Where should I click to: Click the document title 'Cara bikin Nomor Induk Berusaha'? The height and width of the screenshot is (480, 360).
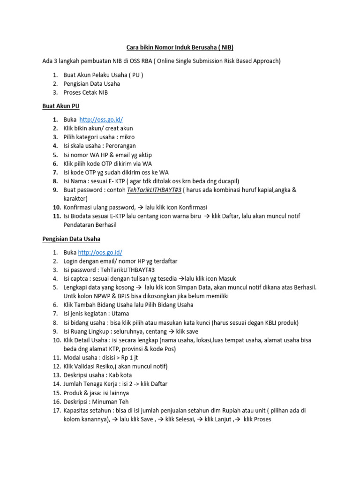pos(180,47)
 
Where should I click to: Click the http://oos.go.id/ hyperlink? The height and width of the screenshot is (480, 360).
pos(99,252)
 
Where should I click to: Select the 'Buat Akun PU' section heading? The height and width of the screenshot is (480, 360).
pos(61,106)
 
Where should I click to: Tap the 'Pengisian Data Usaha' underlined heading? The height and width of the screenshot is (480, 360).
pos(71,239)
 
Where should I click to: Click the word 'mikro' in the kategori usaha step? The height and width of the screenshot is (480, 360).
pos(127,137)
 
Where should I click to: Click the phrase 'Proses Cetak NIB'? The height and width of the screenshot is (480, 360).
pos(86,92)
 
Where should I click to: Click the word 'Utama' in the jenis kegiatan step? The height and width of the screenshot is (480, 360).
pos(120,314)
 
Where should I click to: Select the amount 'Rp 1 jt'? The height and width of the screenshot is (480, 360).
pos(121,358)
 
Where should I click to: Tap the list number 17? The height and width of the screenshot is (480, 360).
pos(56,411)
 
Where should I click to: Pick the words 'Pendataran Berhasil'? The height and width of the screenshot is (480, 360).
pos(90,225)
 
